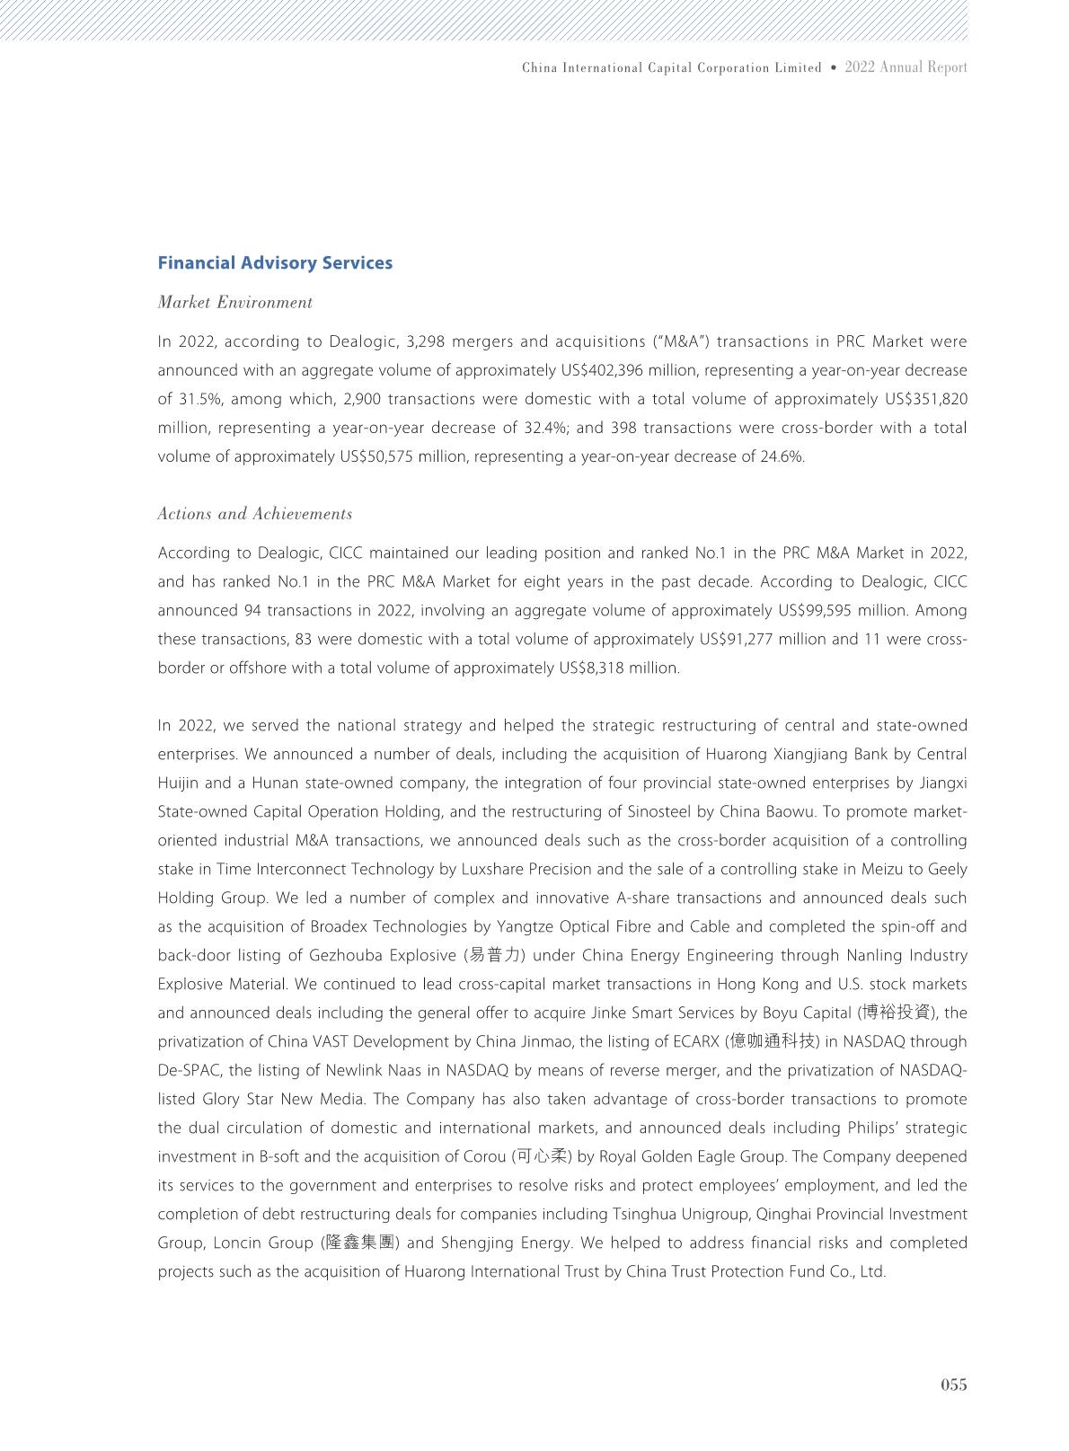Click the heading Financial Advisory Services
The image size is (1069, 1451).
(275, 263)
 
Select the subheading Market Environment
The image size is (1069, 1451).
(234, 303)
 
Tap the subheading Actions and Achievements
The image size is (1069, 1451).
(254, 514)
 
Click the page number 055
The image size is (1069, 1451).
(953, 1385)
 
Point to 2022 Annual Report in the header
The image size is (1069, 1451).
(906, 67)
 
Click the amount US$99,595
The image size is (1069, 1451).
(820, 611)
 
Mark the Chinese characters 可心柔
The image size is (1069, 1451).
(543, 1157)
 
